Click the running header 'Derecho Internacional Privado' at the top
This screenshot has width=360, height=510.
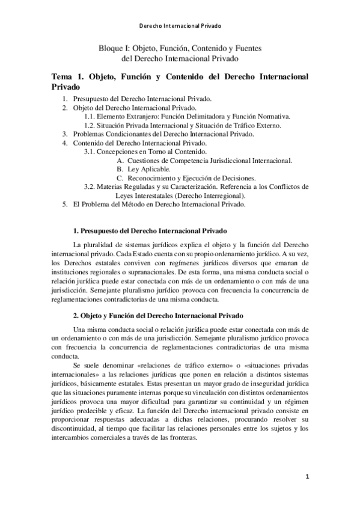click(x=180, y=26)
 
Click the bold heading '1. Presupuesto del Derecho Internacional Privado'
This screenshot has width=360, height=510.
click(x=150, y=231)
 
